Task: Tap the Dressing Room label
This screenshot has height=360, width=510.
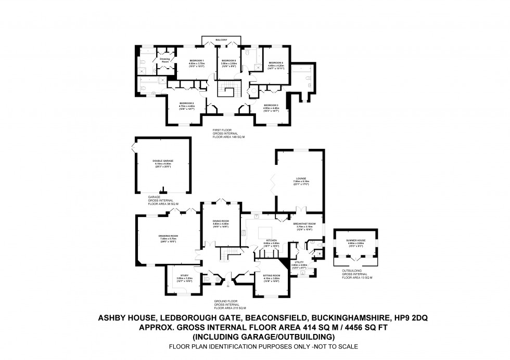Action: point(164,60)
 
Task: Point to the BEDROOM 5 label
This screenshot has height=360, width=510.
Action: point(228,61)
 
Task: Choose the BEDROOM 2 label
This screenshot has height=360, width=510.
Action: point(187,104)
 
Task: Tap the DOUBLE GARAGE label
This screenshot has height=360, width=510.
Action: point(163,161)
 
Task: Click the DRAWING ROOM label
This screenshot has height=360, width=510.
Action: point(169,236)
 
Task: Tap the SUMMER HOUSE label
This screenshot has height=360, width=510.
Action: point(355,240)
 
